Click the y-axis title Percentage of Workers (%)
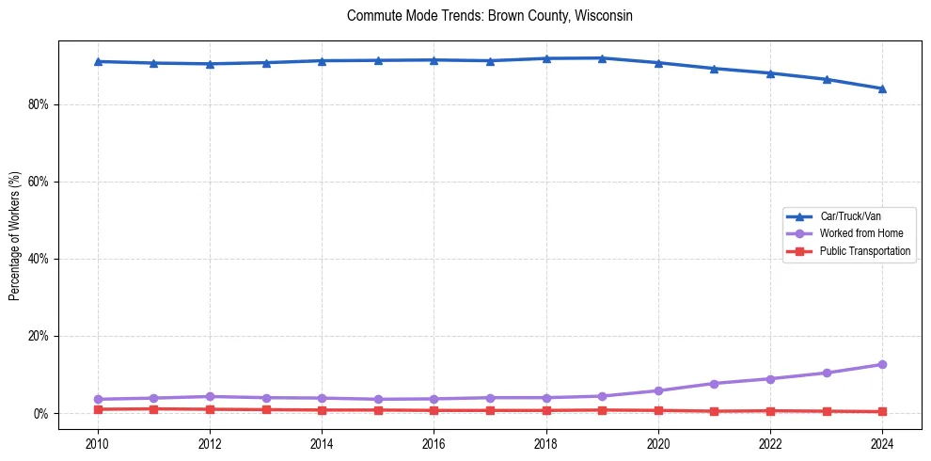coord(14,236)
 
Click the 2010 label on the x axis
coord(97,443)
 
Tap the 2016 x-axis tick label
coord(434,443)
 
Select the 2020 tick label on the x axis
coord(658,443)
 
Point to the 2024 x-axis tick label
coord(882,443)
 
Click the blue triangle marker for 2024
coord(882,88)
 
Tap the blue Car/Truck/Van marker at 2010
coord(97,61)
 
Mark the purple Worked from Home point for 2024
coord(882,364)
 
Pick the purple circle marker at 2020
coord(658,390)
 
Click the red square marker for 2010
coord(97,409)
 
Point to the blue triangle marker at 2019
coord(602,58)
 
